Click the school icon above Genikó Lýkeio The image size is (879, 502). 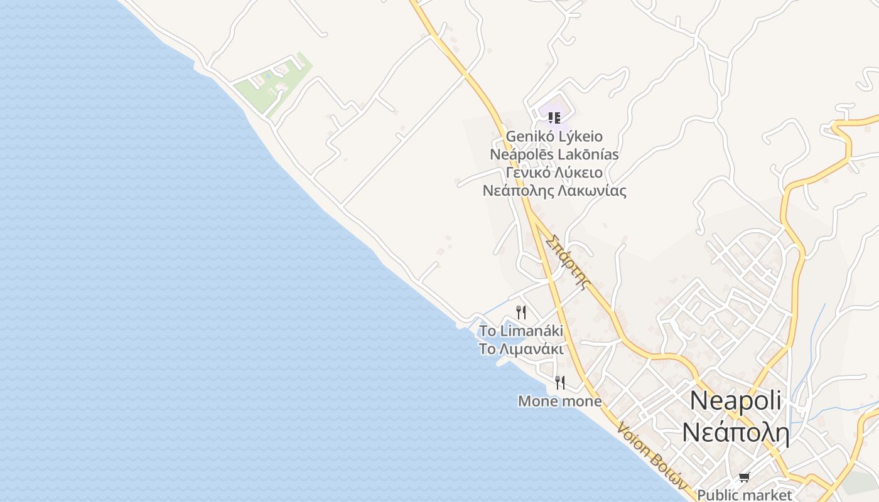(554, 117)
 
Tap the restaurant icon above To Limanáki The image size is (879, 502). (520, 312)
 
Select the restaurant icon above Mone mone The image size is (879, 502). (560, 382)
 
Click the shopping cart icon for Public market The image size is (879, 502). (744, 478)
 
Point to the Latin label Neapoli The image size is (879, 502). (735, 401)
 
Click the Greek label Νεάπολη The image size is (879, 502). (735, 432)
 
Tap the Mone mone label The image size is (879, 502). (559, 401)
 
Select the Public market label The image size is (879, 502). (745, 495)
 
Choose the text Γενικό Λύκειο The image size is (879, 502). (554, 173)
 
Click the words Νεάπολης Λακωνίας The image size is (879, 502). (554, 191)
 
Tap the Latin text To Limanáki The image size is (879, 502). (521, 331)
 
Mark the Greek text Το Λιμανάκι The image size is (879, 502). (521, 349)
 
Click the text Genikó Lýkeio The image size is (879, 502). (554, 136)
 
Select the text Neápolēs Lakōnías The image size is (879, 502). (554, 154)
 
